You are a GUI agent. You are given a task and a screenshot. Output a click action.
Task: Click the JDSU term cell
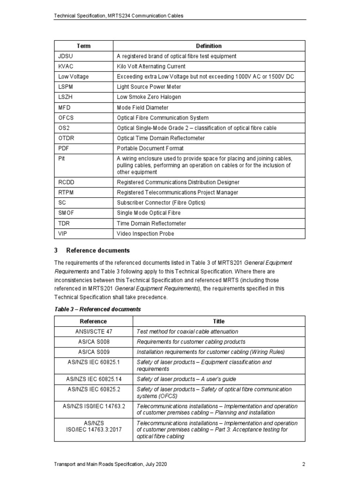pos(66,56)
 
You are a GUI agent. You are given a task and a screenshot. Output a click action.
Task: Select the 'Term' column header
pos(83,46)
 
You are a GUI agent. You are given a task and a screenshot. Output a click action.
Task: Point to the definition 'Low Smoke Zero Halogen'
pos(149,97)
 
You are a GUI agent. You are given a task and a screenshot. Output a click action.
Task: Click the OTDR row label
pos(66,138)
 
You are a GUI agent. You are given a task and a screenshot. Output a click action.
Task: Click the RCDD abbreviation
pos(67,182)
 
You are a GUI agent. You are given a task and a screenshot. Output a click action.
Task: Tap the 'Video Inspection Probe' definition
pos(145,233)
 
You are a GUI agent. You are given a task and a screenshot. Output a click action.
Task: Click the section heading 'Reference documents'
pos(98,250)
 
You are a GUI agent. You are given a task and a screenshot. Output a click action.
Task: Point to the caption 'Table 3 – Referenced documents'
pos(97,309)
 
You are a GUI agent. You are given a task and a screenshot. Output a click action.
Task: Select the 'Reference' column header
pos(93,321)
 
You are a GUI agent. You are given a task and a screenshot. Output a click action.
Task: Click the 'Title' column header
pos(218,321)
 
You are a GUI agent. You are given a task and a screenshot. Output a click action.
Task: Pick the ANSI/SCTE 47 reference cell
pos(93,331)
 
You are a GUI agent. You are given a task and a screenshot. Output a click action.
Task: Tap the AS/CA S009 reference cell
pos(93,352)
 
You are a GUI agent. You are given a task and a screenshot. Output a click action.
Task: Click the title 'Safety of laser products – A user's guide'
pos(186,379)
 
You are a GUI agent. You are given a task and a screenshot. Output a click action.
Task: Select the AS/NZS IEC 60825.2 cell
pos(93,389)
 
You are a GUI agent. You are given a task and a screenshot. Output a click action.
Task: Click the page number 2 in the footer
pos(304,465)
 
